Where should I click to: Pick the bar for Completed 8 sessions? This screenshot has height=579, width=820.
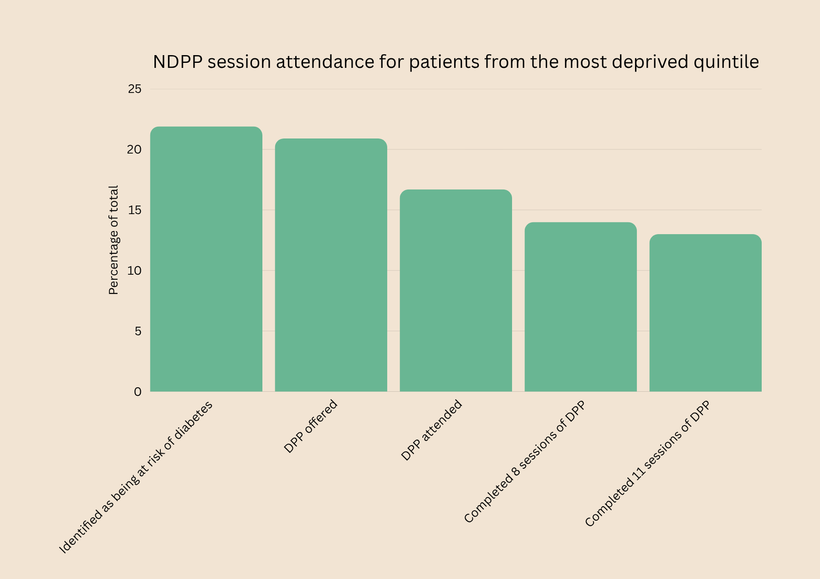pyautogui.click(x=580, y=307)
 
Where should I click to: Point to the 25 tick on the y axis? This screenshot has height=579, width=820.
pyautogui.click(x=135, y=89)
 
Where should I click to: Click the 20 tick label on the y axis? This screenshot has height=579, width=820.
pyautogui.click(x=135, y=149)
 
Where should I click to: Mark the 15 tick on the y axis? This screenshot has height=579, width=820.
pyautogui.click(x=135, y=210)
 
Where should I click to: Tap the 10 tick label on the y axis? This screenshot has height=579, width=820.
pyautogui.click(x=135, y=271)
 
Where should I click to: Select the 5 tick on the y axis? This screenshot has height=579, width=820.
pyautogui.click(x=138, y=331)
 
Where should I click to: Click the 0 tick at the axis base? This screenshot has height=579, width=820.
pyautogui.click(x=138, y=392)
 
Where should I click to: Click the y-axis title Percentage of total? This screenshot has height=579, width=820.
pyautogui.click(x=113, y=240)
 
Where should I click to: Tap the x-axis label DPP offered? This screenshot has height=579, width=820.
pyautogui.click(x=311, y=426)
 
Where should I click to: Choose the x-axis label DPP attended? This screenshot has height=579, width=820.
pyautogui.click(x=431, y=430)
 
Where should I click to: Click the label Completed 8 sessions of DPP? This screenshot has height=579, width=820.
pyautogui.click(x=524, y=462)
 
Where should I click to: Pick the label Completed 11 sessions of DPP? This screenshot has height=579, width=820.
pyautogui.click(x=647, y=464)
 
